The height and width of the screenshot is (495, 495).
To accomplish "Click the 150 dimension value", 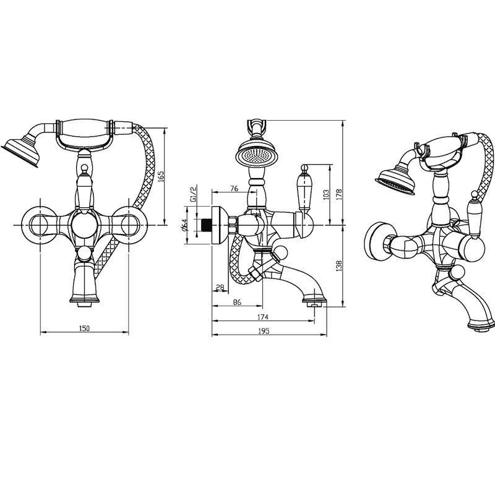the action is click(84, 329).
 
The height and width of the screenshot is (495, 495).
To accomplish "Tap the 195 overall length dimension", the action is click(264, 331).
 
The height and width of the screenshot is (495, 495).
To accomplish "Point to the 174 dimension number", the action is click(263, 317).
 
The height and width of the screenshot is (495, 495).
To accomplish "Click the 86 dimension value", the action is click(237, 302).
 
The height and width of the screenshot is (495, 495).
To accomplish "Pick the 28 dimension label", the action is click(220, 288).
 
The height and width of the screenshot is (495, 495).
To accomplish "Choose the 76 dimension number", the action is click(234, 189).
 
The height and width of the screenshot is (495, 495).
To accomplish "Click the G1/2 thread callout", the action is click(193, 194).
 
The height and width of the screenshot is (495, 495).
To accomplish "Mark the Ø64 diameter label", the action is click(185, 225).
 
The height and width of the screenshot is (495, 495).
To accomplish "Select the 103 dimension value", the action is click(327, 194).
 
